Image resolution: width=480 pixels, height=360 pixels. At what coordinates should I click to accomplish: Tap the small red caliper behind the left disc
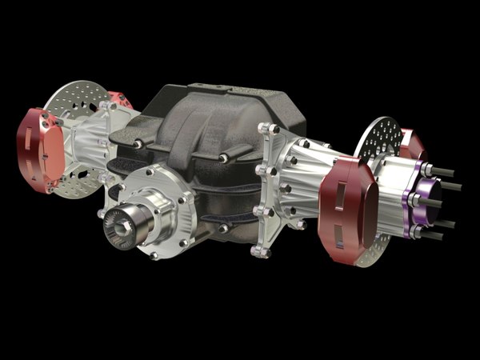tap(120, 99)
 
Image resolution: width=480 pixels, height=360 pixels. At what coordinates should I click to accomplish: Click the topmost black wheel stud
tap(444, 170)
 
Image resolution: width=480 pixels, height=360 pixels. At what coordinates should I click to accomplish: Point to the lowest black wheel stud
tap(432, 236)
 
